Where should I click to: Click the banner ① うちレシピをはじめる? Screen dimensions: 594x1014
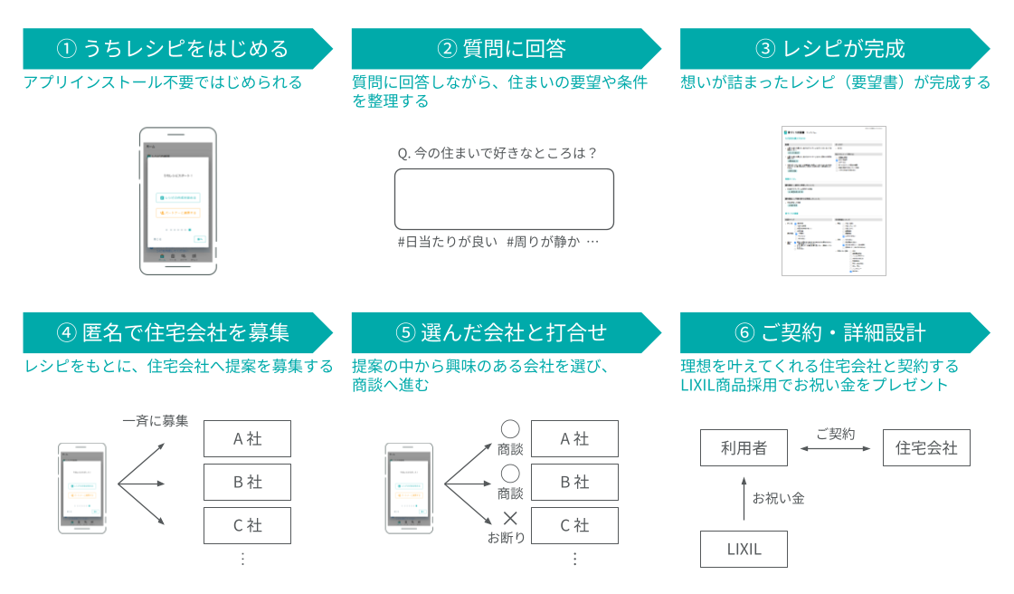[172, 48]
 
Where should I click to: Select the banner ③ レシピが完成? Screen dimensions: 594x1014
[829, 48]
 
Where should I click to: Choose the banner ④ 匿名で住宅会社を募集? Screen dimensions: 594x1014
[172, 332]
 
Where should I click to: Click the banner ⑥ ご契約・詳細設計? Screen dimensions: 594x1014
[829, 332]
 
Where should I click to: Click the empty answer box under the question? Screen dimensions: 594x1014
[504, 199]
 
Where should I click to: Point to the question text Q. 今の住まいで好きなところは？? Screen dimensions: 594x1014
[498, 153]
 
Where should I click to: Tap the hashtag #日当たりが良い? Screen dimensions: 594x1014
[448, 242]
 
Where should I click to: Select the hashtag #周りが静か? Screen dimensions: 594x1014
[543, 242]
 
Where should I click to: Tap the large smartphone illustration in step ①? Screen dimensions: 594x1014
[177, 200]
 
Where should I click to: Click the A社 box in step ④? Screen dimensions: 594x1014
[247, 439]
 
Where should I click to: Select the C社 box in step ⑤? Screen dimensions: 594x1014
[574, 525]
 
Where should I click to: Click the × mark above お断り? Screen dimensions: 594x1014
[510, 519]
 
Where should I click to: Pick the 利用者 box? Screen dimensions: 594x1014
[744, 448]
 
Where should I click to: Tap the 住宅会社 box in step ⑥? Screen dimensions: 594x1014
[926, 448]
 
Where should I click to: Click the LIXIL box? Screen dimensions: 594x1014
[744, 549]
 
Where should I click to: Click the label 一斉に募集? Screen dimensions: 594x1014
[156, 420]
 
